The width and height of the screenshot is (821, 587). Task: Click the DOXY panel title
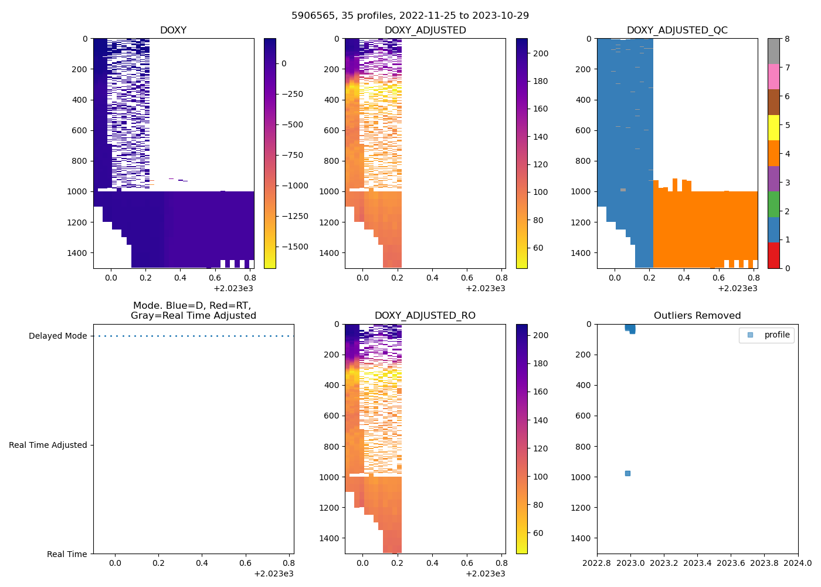(x=173, y=30)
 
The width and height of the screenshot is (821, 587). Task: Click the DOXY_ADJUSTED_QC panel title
(x=677, y=30)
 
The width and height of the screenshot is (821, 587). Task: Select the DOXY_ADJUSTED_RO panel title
(x=425, y=316)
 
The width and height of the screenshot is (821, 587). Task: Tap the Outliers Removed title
(x=697, y=316)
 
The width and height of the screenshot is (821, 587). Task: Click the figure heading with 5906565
(x=410, y=15)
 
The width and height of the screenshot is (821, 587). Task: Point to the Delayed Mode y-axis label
(x=57, y=336)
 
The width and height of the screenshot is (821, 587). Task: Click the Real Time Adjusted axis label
(x=48, y=445)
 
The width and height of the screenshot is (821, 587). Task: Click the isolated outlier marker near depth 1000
(x=627, y=473)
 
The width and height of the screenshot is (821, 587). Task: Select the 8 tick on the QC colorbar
(x=787, y=39)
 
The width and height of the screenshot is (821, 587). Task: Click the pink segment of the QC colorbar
(x=773, y=76)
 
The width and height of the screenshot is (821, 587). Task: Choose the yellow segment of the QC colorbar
(x=773, y=127)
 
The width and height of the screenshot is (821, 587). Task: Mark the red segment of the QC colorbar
(x=773, y=255)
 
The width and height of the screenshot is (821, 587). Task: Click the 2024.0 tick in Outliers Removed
(x=798, y=563)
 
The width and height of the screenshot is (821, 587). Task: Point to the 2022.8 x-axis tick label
(x=597, y=563)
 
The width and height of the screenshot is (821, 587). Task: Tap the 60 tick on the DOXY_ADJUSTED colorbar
(x=538, y=248)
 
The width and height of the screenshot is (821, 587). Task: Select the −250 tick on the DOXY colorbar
(x=292, y=94)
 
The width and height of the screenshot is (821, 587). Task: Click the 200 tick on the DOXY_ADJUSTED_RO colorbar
(x=541, y=335)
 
